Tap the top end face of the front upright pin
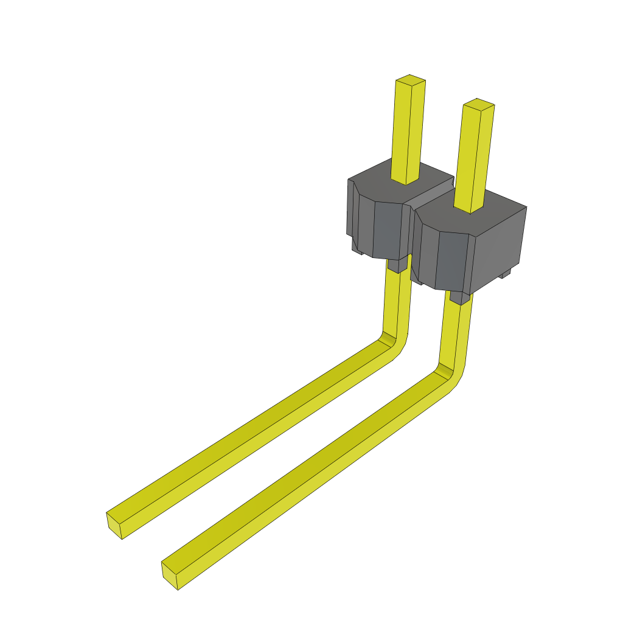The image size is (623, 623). coord(478,104)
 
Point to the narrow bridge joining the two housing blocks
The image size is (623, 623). coord(430,196)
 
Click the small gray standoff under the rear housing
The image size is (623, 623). coord(396,265)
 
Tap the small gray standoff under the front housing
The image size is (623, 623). coord(460,298)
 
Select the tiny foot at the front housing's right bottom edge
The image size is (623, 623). coord(504,275)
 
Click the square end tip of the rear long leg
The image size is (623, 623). coord(114,525)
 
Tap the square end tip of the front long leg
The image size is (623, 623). coord(169,576)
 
